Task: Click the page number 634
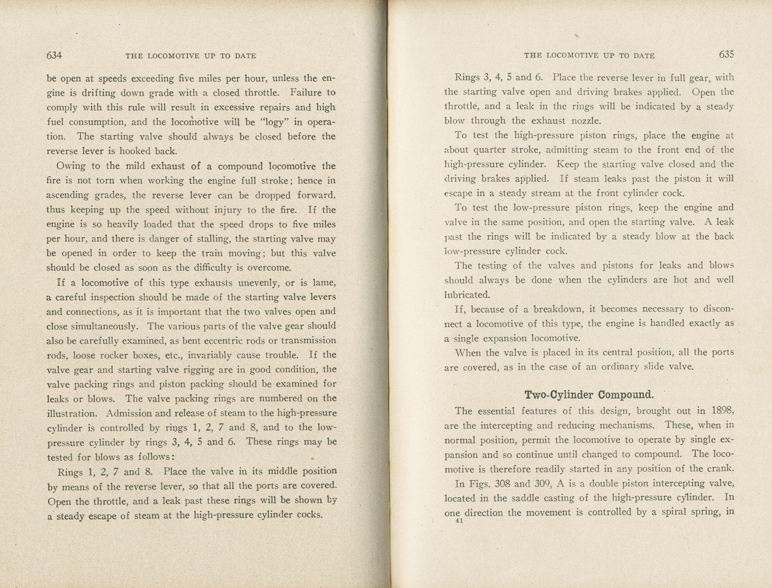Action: pos(54,55)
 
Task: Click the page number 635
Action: pos(726,54)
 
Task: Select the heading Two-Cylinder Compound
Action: pos(589,394)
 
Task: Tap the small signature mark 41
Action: pos(459,521)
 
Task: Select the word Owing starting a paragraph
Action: pos(71,166)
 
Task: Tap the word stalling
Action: pos(211,239)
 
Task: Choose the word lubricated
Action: pos(467,294)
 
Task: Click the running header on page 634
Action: pos(190,56)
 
